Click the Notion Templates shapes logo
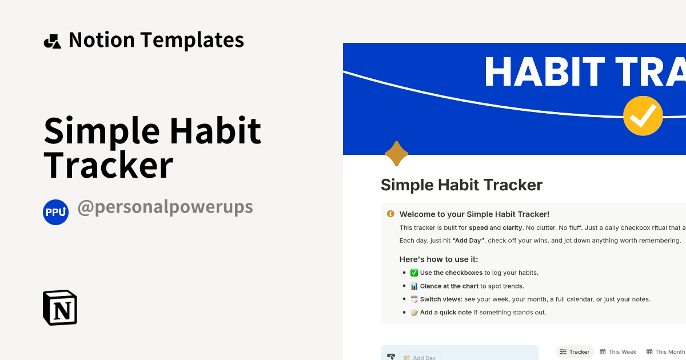pyautogui.click(x=52, y=41)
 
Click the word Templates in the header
pyautogui.click(x=192, y=40)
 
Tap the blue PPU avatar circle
pyautogui.click(x=55, y=212)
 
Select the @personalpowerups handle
pyautogui.click(x=165, y=207)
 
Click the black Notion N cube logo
pyautogui.click(x=60, y=307)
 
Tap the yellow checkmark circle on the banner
pyautogui.click(x=643, y=116)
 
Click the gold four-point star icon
pyautogui.click(x=396, y=154)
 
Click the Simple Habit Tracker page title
pyautogui.click(x=461, y=185)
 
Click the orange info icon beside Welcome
pyautogui.click(x=390, y=214)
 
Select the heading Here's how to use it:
pyautogui.click(x=438, y=259)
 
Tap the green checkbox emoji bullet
pyautogui.click(x=414, y=273)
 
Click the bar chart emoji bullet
pyautogui.click(x=414, y=286)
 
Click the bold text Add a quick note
pyautogui.click(x=445, y=313)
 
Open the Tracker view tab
pyautogui.click(x=575, y=352)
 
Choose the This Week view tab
pyautogui.click(x=618, y=352)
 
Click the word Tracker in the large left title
pyautogui.click(x=109, y=165)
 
